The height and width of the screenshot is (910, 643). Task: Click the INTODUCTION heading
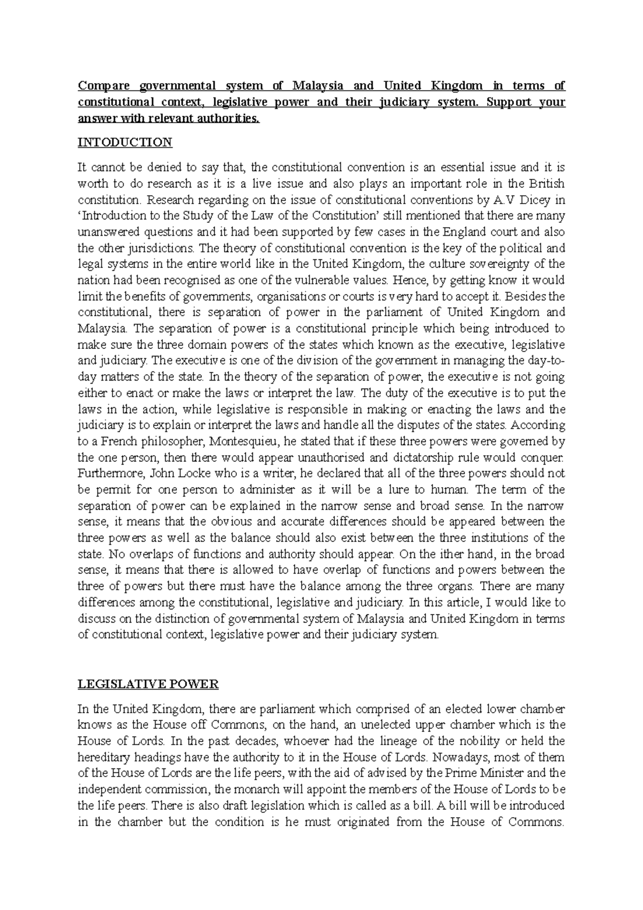coord(125,143)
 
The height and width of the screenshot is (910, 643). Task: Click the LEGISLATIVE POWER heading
coord(148,684)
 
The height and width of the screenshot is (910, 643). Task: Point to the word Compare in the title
coord(104,86)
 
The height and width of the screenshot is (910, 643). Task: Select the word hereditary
coord(104,757)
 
